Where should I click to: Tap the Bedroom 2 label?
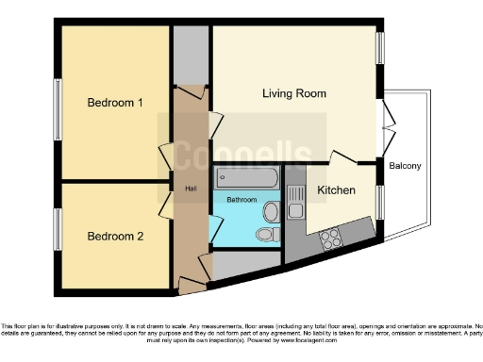coord(115,237)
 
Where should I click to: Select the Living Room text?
coord(294,93)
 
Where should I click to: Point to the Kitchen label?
coord(336,190)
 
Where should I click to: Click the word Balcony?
coord(405,166)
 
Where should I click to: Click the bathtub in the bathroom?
coord(245,177)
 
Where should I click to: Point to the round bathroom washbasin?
coord(272,209)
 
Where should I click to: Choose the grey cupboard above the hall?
coord(191,57)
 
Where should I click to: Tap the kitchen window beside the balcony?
coord(380,200)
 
